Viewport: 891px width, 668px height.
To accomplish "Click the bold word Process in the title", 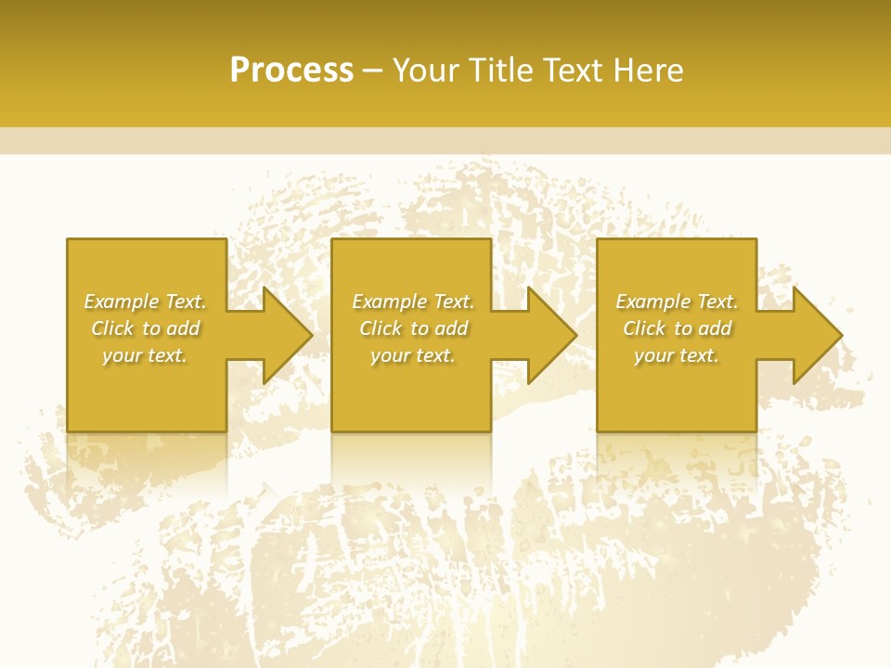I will click(291, 70).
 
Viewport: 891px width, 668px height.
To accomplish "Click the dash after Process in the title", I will click(372, 71).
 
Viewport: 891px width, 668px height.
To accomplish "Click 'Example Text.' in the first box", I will click(146, 302).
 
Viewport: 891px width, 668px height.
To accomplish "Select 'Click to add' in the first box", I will click(146, 328).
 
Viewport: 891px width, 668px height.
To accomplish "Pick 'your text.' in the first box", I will click(146, 355).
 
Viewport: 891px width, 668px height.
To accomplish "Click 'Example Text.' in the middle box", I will click(413, 302).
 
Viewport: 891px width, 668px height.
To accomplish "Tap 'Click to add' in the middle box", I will click(413, 328).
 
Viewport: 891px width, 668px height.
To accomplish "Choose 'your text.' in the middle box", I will click(413, 355).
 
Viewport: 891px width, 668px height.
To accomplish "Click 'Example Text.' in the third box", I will click(677, 302).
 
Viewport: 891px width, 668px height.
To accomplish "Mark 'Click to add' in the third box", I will click(677, 328).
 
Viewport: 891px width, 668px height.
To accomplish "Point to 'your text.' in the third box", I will click(677, 355).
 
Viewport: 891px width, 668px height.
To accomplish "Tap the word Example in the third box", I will click(653, 302).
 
